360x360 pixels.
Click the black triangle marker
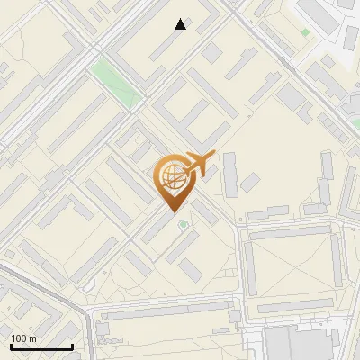point(181,24)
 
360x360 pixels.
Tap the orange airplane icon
point(200,164)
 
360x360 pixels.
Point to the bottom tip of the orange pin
point(171,212)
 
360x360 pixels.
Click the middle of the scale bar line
point(41,346)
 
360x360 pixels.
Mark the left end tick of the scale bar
point(11,345)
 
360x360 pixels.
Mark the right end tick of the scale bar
point(72,345)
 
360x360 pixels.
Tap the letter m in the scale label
point(32,338)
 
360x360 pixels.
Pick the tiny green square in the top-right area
point(306,33)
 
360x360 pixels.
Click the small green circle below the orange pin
point(184,224)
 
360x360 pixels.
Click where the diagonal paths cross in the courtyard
point(293,267)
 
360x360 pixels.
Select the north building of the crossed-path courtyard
point(293,232)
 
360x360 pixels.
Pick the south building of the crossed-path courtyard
point(293,306)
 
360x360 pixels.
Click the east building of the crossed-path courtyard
point(337,260)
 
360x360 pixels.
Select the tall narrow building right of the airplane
point(229,173)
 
